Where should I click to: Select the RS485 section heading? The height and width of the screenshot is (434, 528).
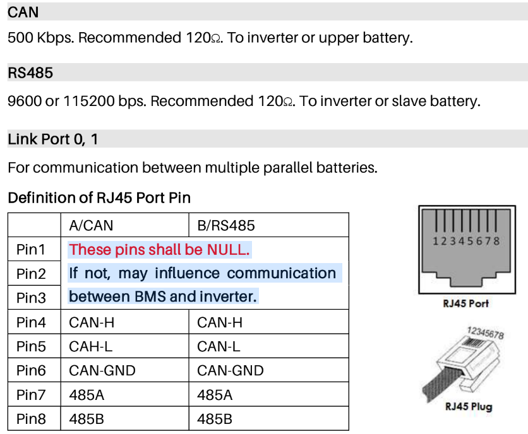(30, 73)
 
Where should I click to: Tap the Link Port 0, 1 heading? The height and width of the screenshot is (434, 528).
(53, 139)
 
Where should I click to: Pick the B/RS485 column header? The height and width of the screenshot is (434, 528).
(226, 225)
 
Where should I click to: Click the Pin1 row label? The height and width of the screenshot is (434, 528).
(32, 250)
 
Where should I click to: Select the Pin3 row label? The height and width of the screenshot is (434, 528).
(32, 298)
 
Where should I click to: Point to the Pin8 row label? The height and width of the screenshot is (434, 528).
(32, 418)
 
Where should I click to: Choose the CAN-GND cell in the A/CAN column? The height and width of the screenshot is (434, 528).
(102, 370)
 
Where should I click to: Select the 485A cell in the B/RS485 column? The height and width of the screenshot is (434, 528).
(215, 394)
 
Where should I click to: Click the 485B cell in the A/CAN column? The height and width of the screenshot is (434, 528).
(87, 418)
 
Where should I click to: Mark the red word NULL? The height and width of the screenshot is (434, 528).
(227, 250)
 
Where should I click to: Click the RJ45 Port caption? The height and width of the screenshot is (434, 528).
(465, 303)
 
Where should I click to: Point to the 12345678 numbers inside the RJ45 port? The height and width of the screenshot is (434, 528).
(466, 241)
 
